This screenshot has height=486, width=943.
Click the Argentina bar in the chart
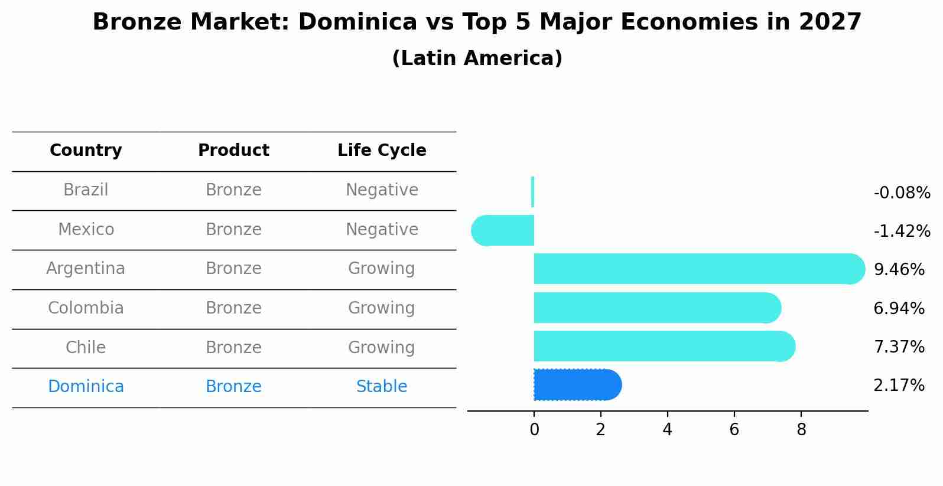tap(697, 269)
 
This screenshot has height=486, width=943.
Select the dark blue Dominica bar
tap(576, 385)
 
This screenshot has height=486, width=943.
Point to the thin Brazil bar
tap(533, 192)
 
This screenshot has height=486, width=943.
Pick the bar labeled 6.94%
tap(656, 308)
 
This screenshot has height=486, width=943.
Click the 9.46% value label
tap(899, 270)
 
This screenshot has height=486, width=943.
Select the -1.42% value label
tap(902, 231)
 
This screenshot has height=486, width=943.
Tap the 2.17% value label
tap(899, 386)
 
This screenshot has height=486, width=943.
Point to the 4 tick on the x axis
tap(668, 430)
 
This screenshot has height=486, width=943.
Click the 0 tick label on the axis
tap(534, 430)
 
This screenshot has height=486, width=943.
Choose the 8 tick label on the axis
tap(801, 430)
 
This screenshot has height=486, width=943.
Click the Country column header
tap(86, 151)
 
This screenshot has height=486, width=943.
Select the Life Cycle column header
tap(382, 151)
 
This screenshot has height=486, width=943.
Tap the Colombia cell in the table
tap(86, 308)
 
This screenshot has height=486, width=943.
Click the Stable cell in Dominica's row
tap(382, 387)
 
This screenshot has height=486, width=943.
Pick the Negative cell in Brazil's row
tap(382, 190)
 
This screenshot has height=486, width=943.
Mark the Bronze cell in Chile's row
tap(233, 347)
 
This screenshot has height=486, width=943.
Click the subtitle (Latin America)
tap(477, 58)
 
